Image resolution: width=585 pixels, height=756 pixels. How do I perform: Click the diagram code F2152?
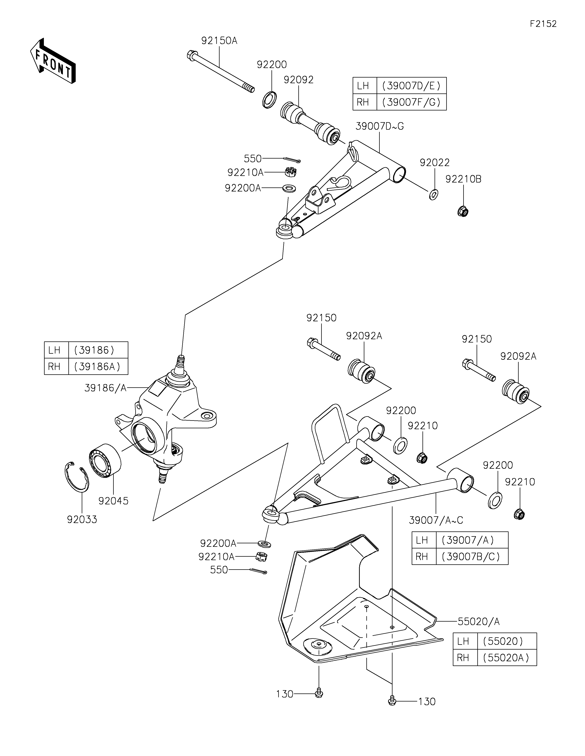coord(543,24)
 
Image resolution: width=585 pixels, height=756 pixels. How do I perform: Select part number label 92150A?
coord(219,41)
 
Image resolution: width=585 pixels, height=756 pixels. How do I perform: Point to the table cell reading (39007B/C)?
coord(472,557)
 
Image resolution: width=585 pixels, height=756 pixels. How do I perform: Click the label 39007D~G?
coord(380,126)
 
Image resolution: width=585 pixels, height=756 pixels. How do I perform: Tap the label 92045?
coord(114,501)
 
